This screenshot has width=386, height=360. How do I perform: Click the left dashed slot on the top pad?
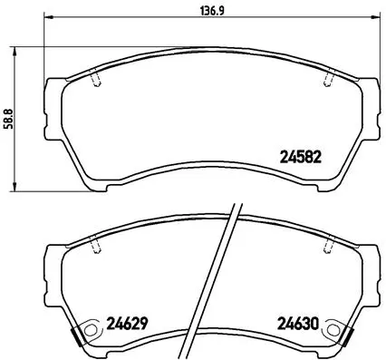[x=98, y=80]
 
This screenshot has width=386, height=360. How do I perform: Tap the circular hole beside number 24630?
[x=336, y=330]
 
